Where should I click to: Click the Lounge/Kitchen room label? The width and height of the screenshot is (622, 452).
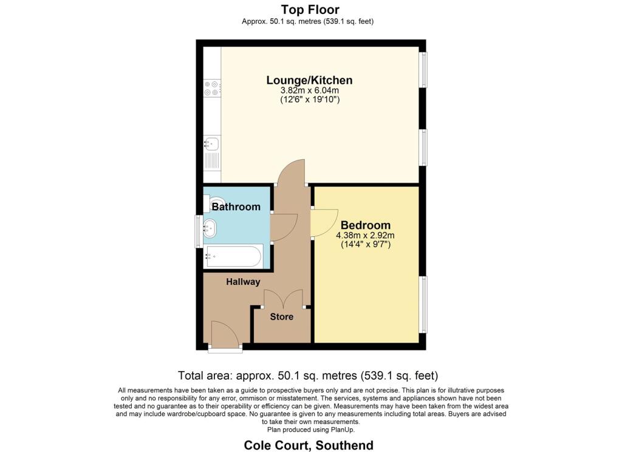[309, 80]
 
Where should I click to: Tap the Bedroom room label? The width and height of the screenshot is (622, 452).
[365, 225]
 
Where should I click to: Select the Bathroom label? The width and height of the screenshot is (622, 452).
[236, 207]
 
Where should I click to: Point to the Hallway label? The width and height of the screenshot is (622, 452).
[243, 282]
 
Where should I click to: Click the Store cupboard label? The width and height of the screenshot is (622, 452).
[282, 317]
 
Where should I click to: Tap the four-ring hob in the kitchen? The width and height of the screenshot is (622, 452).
[212, 88]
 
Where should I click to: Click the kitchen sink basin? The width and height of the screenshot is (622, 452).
[213, 143]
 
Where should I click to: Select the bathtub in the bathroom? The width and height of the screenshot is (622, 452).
[233, 256]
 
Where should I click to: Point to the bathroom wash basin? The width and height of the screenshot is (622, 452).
[210, 228]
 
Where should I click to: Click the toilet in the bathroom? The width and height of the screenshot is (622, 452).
[212, 203]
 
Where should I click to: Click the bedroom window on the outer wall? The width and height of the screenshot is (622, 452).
[424, 304]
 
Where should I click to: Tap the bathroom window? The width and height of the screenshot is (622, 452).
[199, 231]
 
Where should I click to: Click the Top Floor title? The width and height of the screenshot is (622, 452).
[310, 10]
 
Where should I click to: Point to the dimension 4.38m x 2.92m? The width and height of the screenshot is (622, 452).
[365, 235]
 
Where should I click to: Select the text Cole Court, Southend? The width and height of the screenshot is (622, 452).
[309, 445]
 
